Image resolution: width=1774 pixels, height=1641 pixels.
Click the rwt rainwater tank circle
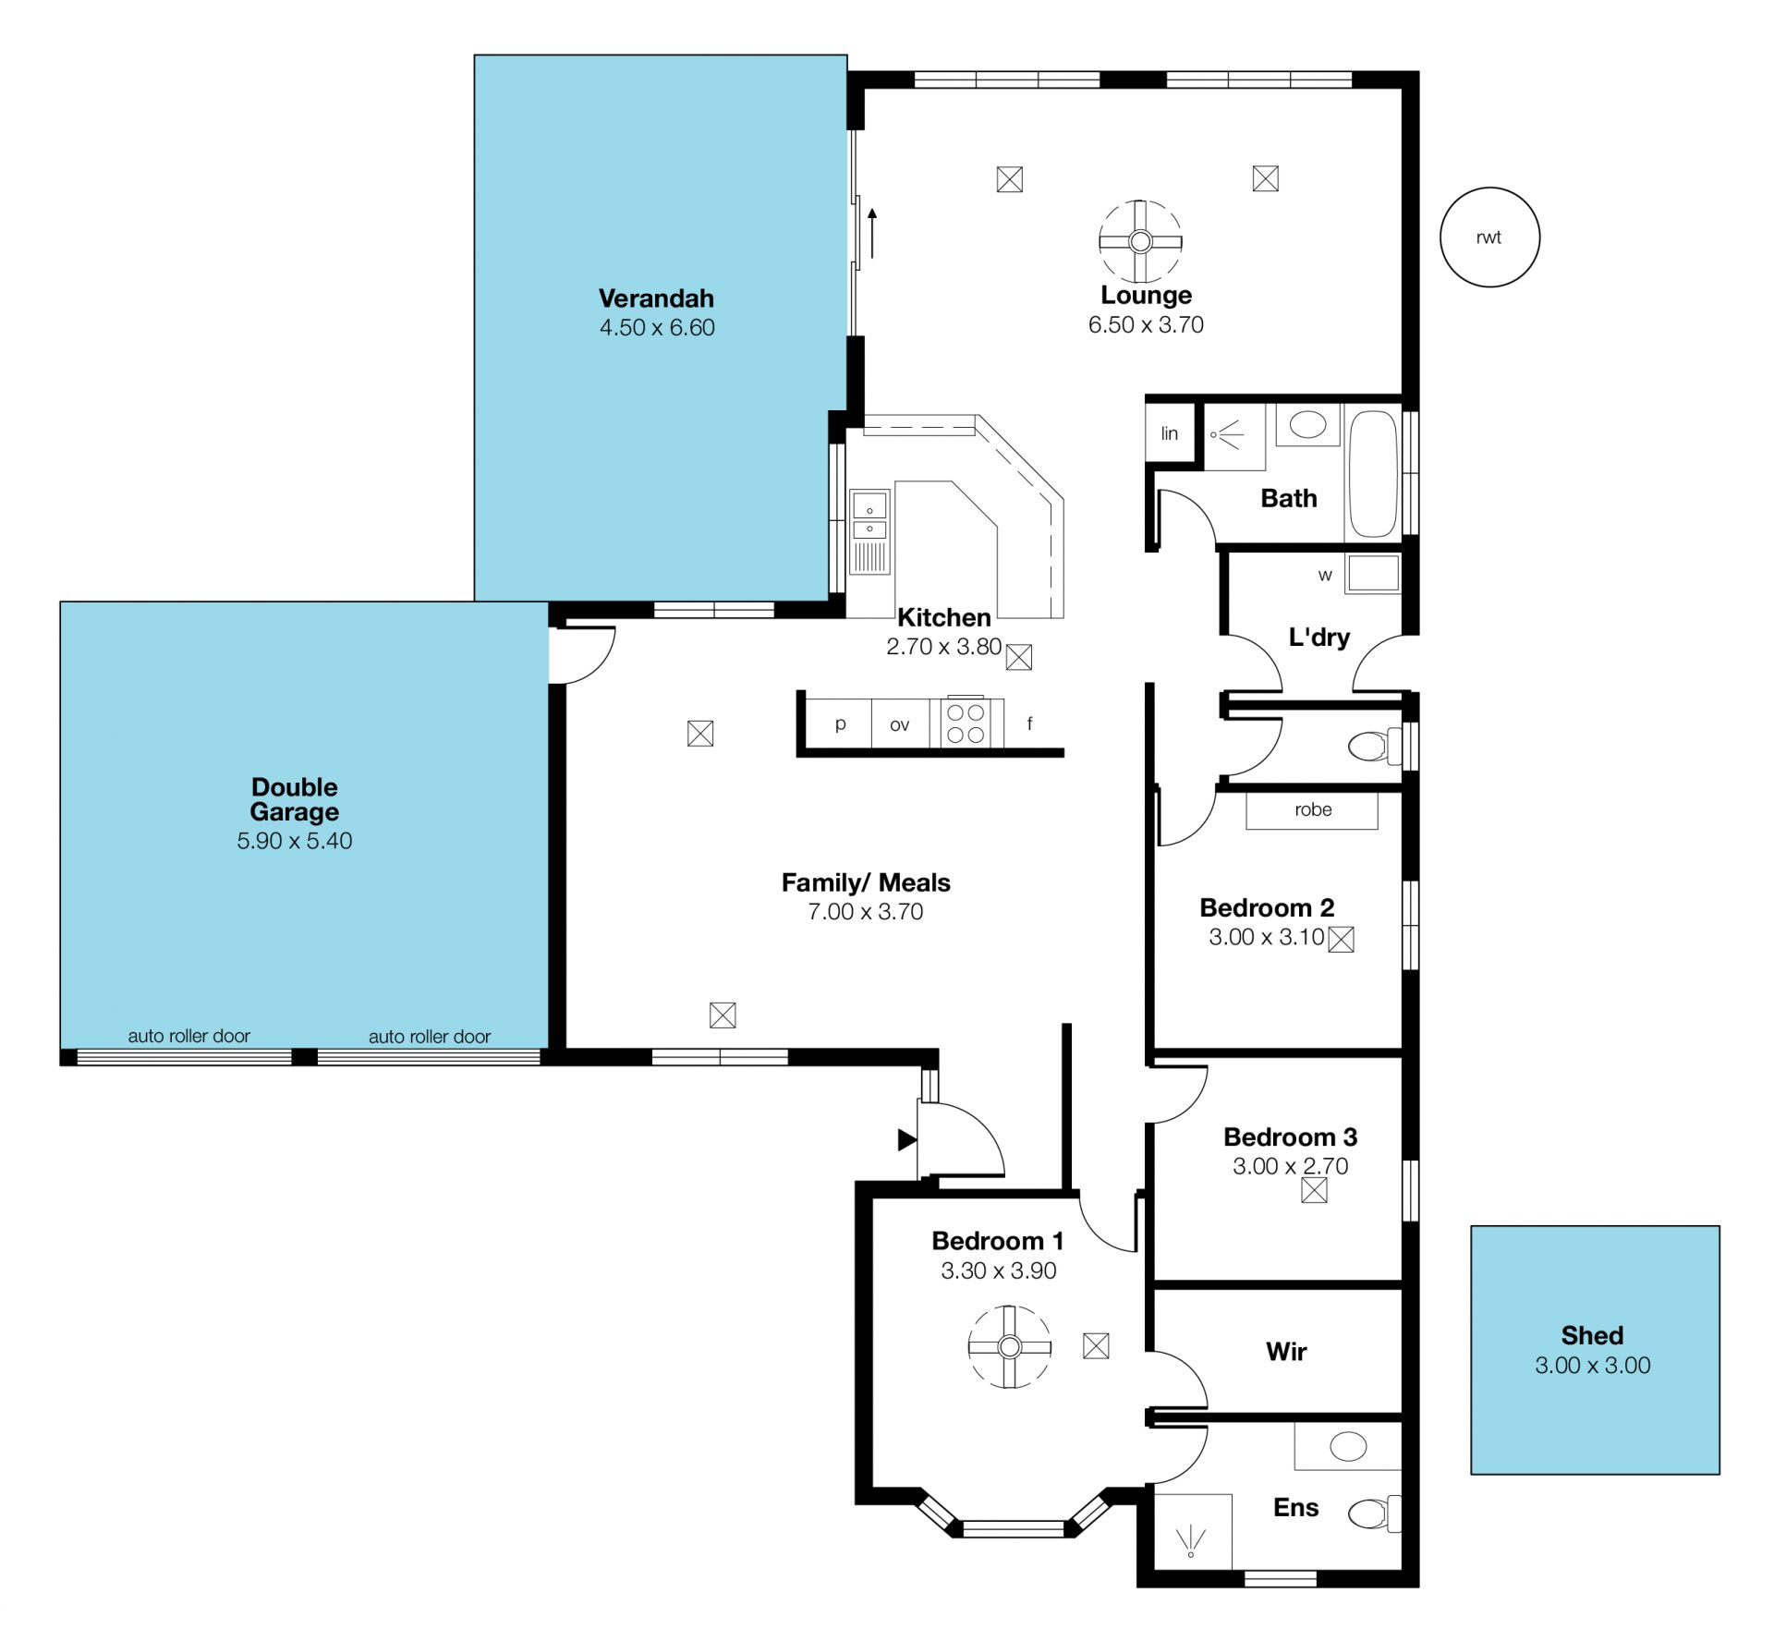1489,188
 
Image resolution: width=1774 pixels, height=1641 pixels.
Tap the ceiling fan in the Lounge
1140,241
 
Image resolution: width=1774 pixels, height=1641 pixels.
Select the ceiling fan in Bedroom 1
1010,1346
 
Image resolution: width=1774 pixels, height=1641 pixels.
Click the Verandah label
656,298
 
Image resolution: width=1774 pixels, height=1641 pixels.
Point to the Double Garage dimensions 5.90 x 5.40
295,841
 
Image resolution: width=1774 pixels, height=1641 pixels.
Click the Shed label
1592,1335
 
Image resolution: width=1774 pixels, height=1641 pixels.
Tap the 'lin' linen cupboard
1170,432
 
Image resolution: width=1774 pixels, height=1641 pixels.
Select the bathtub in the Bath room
1372,474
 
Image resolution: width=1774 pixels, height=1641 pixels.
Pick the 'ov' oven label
899,725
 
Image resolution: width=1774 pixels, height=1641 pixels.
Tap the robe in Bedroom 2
1312,810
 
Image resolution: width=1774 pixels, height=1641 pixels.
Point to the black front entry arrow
907,1140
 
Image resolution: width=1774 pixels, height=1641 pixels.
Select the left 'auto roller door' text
188,1036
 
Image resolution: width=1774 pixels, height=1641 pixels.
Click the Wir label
1286,1352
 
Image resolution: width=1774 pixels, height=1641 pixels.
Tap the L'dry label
1318,637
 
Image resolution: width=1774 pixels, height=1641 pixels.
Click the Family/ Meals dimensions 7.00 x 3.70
866,912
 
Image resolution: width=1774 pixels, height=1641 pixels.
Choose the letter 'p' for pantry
840,724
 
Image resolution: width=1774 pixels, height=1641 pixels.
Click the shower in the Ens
1193,1531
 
